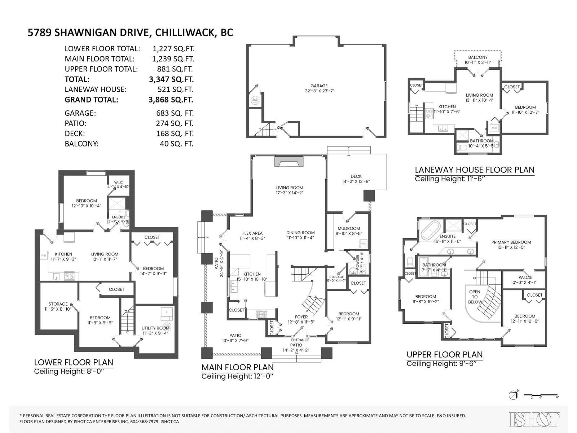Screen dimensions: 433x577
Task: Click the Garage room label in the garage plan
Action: pyautogui.click(x=319, y=86)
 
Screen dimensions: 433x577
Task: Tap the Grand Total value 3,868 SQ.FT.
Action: pyautogui.click(x=171, y=100)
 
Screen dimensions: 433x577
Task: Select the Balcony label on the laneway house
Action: pyautogui.click(x=478, y=57)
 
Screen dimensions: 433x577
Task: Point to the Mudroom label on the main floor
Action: pyautogui.click(x=349, y=228)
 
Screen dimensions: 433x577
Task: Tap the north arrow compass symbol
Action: pyautogui.click(x=513, y=395)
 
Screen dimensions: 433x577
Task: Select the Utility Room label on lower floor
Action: pyautogui.click(x=155, y=328)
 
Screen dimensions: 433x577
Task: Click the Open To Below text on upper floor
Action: pyautogui.click(x=475, y=297)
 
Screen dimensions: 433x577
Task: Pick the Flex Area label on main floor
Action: pyautogui.click(x=252, y=233)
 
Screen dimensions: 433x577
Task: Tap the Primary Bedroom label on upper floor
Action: pyautogui.click(x=511, y=242)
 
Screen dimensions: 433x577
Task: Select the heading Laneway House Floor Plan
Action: pyautogui.click(x=474, y=170)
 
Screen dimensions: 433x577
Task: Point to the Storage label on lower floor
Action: pyautogui.click(x=58, y=304)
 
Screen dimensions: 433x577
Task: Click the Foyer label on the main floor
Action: pyautogui.click(x=301, y=317)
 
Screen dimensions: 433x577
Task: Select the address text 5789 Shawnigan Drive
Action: pyautogui.click(x=88, y=32)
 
